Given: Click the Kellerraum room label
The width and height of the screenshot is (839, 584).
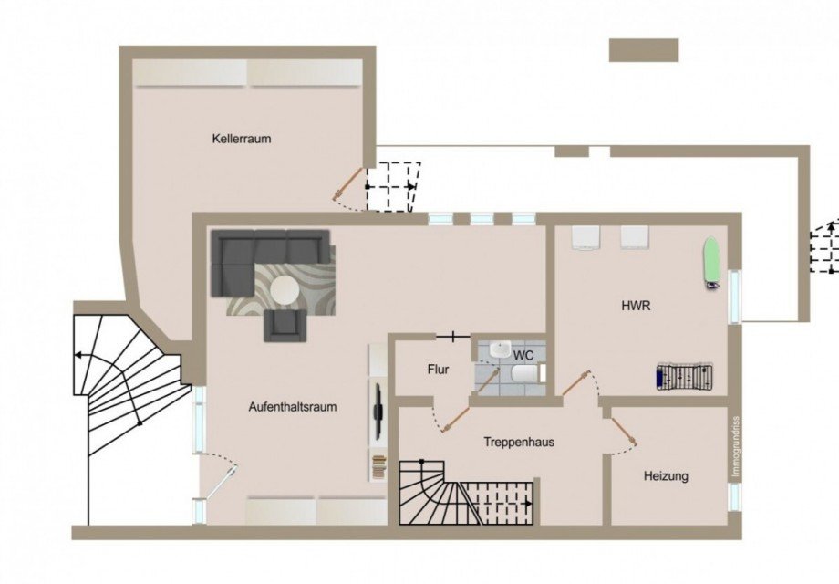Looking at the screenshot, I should tap(242, 139).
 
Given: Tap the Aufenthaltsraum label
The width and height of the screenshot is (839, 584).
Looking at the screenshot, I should tap(293, 407).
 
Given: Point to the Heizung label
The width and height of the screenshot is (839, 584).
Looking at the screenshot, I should tap(666, 475).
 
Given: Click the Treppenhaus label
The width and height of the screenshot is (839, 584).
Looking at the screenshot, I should tap(519, 442).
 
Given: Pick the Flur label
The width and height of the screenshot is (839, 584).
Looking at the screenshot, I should tap(439, 370).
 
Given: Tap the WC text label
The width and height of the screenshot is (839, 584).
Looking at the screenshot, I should tap(523, 354).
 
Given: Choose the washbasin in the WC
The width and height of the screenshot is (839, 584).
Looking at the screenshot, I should tap(501, 349).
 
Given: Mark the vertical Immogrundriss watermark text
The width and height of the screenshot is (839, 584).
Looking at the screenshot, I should tap(735, 447).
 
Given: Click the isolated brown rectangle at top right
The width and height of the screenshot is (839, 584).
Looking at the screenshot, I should tap(644, 50).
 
